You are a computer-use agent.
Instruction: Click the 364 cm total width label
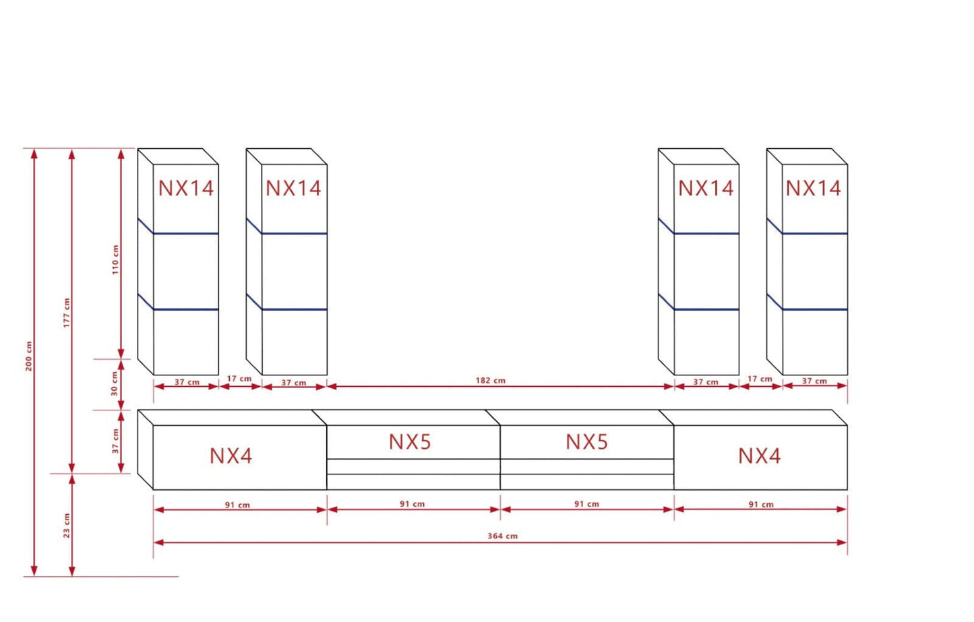502,536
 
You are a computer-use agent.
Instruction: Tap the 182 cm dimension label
490,381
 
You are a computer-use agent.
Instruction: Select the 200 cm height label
29,356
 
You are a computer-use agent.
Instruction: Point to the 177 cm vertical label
67,313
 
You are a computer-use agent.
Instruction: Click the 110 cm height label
115,259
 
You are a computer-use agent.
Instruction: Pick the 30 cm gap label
115,383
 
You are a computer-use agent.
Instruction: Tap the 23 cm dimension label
67,526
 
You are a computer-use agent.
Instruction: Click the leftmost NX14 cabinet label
186,188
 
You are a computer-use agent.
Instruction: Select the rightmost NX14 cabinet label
813,188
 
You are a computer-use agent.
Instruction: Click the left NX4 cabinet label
231,456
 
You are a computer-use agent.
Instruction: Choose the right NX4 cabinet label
759,456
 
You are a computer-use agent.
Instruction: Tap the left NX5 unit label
410,442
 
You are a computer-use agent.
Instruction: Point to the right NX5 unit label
586,442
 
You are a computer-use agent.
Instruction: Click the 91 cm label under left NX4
237,505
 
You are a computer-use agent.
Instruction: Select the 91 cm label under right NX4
761,505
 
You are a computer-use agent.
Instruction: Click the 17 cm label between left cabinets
239,379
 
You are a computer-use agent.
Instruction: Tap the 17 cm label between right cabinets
760,379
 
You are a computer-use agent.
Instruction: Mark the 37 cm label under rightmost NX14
814,381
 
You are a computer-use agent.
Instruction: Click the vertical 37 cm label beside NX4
115,441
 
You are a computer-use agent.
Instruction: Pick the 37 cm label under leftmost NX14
187,382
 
